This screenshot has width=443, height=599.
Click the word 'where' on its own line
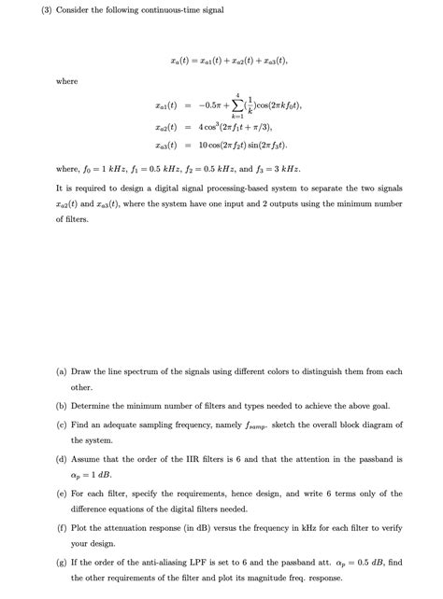point(67,81)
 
